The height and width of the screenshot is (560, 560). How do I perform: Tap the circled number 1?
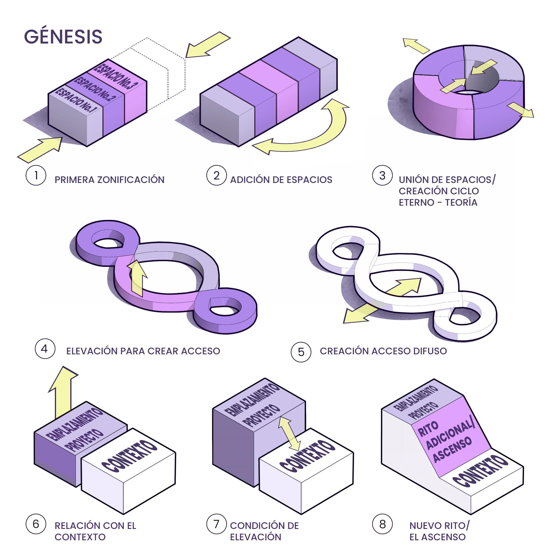(x=36, y=175)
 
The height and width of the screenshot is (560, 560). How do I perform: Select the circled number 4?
(x=45, y=349)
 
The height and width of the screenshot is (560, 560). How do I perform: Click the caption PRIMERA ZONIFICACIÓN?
(x=109, y=180)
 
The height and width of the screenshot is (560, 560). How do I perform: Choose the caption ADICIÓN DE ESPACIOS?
(x=281, y=180)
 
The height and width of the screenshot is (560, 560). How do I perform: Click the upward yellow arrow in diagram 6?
(x=63, y=391)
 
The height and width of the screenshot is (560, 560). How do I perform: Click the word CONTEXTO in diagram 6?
(x=129, y=457)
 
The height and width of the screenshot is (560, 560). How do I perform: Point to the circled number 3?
(x=382, y=175)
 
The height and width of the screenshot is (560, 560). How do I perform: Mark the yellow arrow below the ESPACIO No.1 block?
(x=41, y=149)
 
